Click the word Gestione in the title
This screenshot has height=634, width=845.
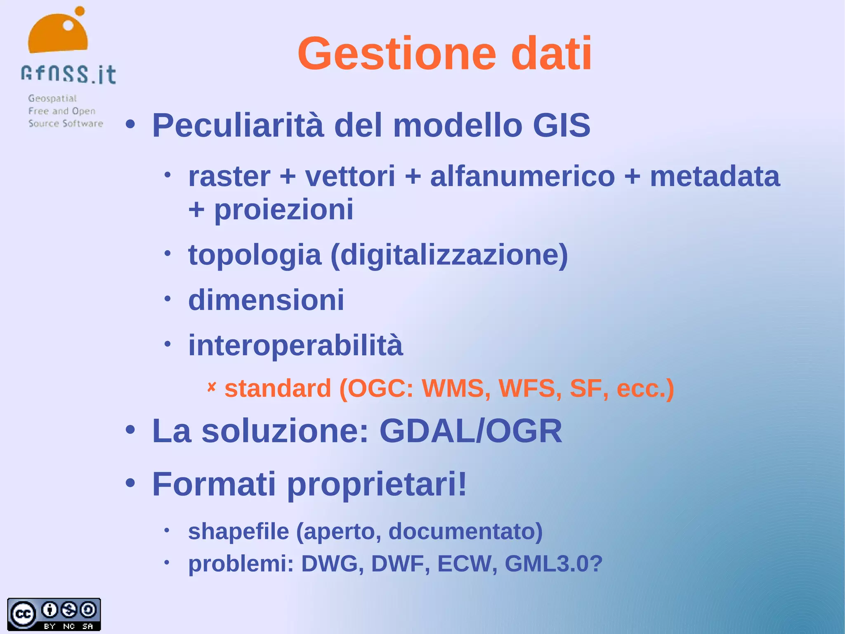tap(397, 54)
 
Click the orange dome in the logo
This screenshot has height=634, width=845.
tap(58, 35)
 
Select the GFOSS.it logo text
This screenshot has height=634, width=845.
tap(68, 75)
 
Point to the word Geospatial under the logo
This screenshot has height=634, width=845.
tap(52, 98)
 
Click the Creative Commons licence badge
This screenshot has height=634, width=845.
tap(54, 614)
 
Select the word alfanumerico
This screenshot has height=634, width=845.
tap(522, 176)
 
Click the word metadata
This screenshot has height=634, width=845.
tap(715, 176)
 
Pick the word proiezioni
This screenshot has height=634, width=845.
tap(284, 209)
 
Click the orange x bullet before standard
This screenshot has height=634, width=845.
tap(212, 387)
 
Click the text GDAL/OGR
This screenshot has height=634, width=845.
tap(470, 431)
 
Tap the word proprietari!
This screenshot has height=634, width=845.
tap(377, 484)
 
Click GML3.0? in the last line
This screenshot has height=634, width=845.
tap(553, 564)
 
